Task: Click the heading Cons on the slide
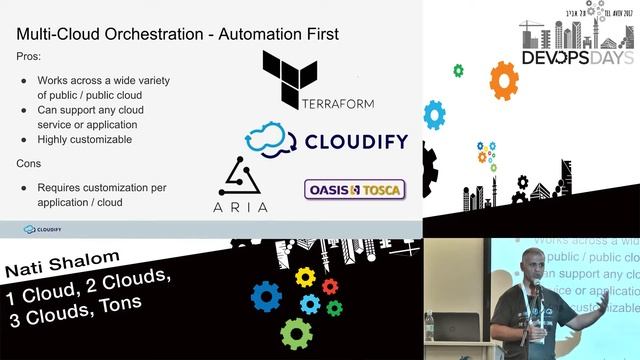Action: click(x=31, y=163)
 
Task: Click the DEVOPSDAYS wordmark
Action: click(x=577, y=57)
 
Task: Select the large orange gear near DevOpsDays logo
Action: click(x=504, y=77)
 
